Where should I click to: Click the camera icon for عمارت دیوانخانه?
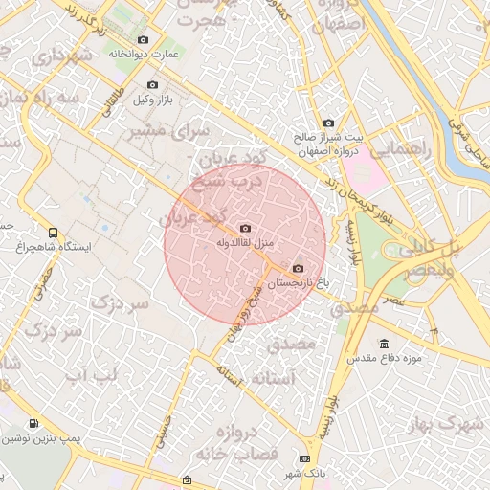(x=144, y=39)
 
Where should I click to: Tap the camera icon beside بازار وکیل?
(x=152, y=85)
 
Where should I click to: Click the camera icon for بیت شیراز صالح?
(x=328, y=122)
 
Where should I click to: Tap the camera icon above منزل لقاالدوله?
(x=245, y=228)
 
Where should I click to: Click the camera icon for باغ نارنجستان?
(x=298, y=269)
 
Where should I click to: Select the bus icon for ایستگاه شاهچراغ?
(x=52, y=232)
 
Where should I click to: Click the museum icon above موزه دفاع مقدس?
(x=384, y=344)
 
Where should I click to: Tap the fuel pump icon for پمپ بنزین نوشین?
(x=34, y=423)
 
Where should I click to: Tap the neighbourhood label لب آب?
(x=88, y=374)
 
